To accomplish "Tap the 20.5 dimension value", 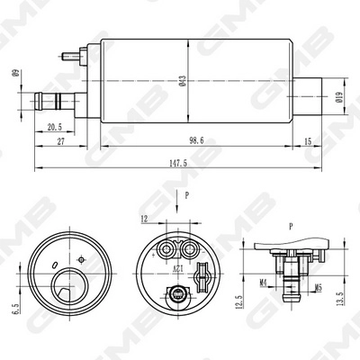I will [x=54, y=127].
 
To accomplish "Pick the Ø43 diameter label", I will [x=182, y=83].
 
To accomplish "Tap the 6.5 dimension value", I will [x=15, y=308].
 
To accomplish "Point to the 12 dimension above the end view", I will [x=143, y=219].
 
